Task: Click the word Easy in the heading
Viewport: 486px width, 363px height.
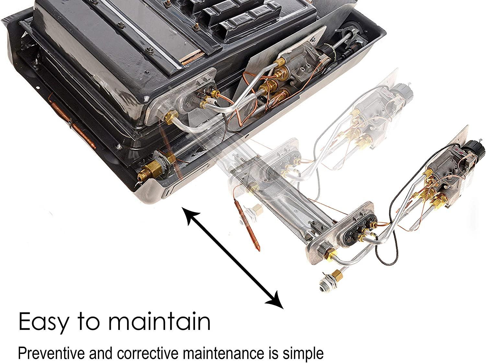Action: pyautogui.click(x=44, y=321)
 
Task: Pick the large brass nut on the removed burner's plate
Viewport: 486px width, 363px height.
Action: pyautogui.click(x=330, y=254)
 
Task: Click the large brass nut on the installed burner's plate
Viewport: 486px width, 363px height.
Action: pyautogui.click(x=171, y=116)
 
